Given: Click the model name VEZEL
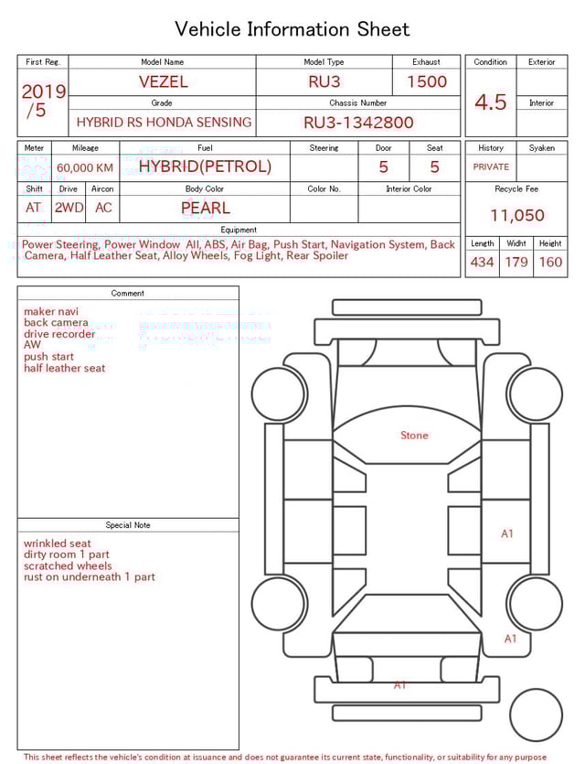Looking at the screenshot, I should point(163,81).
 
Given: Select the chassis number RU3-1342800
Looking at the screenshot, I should point(358,122).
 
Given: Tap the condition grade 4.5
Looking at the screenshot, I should point(490,102).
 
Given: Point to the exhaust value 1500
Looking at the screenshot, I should point(426,81).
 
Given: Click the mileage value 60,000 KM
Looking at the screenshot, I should point(85,167).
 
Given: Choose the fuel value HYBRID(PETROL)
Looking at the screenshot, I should point(205,167).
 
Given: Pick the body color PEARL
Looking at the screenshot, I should point(205,208).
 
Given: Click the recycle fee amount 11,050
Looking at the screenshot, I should point(517,215).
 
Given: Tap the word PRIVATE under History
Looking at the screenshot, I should point(491,167).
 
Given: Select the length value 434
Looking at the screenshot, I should point(482,263).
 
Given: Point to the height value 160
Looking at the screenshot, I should point(550,263).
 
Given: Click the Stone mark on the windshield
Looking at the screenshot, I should point(414,436).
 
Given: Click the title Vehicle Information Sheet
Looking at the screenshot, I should point(292,29).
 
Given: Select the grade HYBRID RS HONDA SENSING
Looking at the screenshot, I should point(164,122).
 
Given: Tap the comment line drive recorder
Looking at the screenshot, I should point(59,334).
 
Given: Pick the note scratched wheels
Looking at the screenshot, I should point(68,565).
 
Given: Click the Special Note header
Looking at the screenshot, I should point(128,525).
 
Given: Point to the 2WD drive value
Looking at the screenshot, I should point(69,208).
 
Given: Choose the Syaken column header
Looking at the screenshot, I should point(541,147).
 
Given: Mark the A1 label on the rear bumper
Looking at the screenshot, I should point(399,684).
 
